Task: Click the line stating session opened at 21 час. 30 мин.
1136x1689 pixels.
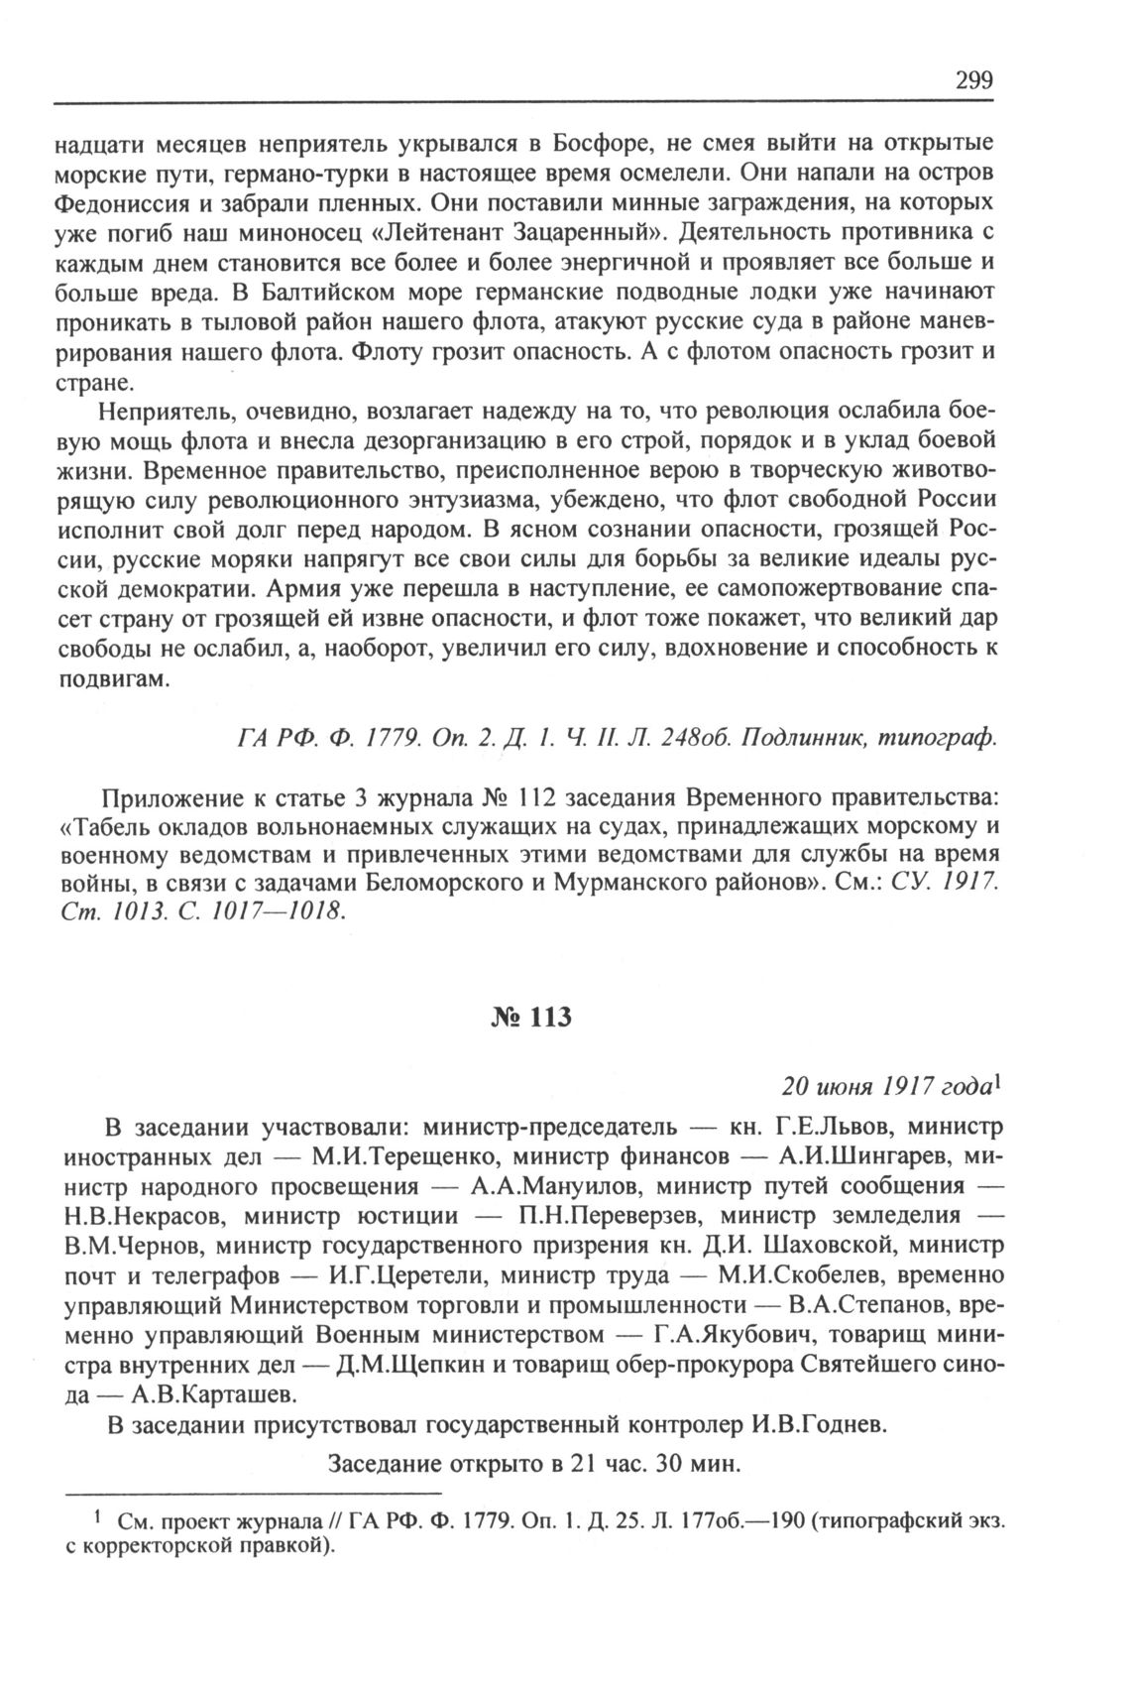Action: [x=534, y=1465]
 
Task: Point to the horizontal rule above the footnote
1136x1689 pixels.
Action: [x=253, y=1493]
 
